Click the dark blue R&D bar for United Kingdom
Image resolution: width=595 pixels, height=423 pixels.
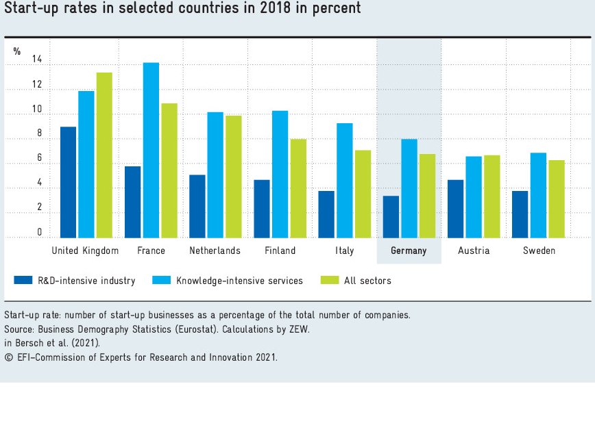(x=69, y=182)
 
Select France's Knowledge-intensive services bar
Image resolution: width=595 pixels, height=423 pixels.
(x=151, y=150)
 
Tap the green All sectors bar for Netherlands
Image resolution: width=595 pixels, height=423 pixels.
(x=234, y=177)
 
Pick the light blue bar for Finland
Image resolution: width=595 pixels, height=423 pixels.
(x=280, y=174)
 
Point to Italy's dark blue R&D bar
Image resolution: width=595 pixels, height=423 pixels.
(x=326, y=214)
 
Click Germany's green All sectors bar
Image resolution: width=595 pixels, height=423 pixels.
(x=427, y=196)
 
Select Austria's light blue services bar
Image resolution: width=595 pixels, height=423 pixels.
(x=474, y=197)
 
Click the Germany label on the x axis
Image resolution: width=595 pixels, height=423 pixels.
(x=409, y=251)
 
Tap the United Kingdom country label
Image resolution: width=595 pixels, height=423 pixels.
(x=85, y=251)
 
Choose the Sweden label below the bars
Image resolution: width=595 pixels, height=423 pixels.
(x=539, y=251)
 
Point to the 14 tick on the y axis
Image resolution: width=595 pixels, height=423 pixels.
(x=37, y=61)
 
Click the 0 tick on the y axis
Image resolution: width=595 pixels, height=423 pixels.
(x=40, y=233)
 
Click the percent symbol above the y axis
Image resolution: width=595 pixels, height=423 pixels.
(x=17, y=51)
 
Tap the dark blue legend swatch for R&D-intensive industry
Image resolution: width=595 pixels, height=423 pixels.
(x=23, y=280)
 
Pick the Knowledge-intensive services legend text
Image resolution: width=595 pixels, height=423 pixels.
(x=239, y=281)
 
